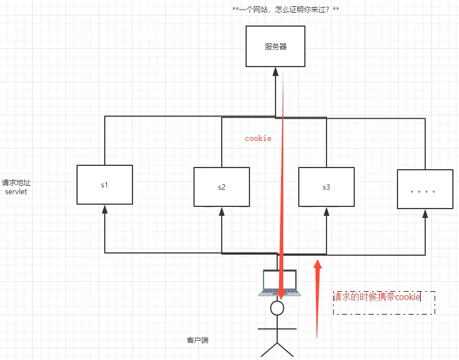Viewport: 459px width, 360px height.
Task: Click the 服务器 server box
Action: click(276, 47)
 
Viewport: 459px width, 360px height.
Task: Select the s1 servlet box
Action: click(105, 185)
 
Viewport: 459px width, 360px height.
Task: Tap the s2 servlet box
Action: click(221, 187)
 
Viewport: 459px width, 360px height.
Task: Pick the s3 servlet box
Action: click(326, 187)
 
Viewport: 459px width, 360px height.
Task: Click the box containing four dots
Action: click(425, 189)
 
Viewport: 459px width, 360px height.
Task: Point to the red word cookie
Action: click(258, 138)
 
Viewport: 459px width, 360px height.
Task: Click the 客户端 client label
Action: click(198, 340)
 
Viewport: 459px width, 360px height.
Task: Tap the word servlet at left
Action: click(16, 191)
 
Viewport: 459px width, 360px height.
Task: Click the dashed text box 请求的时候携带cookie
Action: click(384, 303)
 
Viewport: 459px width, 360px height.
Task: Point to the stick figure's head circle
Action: click(277, 308)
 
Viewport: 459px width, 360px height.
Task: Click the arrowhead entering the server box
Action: click(276, 71)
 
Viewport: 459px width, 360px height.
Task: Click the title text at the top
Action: click(285, 10)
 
